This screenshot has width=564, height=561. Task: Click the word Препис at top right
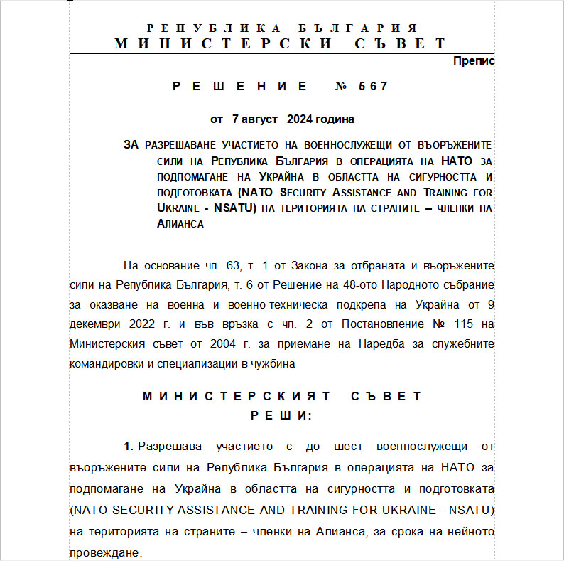pos(474,61)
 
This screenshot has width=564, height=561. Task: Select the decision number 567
pos(374,87)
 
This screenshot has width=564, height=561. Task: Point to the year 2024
pos(298,119)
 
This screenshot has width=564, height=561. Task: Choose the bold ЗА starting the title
pos(131,145)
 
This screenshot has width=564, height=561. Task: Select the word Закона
pos(311,266)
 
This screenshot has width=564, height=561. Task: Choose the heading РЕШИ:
pos(281,415)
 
